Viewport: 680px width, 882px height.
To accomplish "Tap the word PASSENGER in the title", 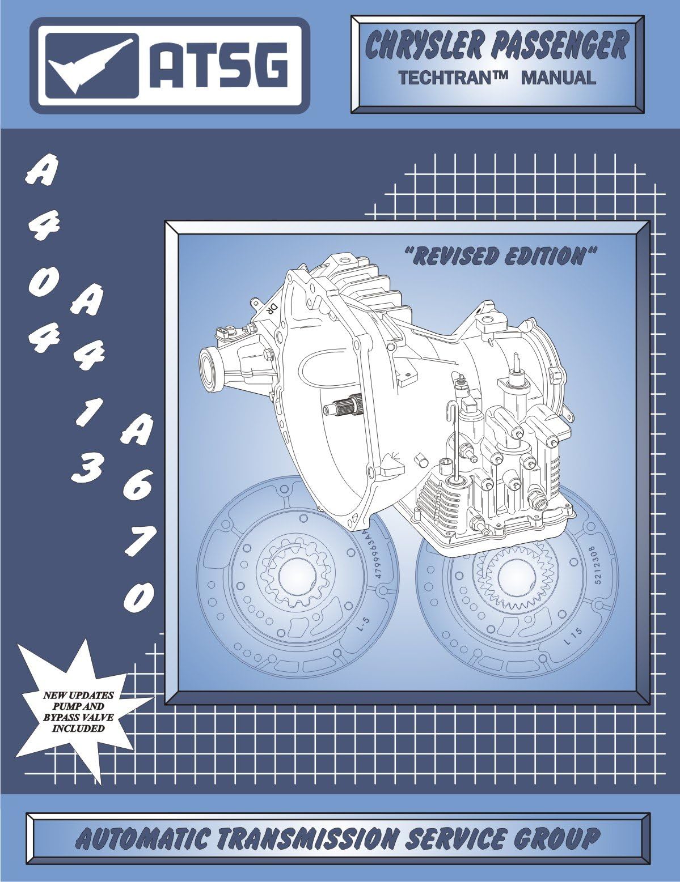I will point(558,46).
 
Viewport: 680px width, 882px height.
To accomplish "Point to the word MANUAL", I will point(558,78).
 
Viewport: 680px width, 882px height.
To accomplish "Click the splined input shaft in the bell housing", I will point(340,407).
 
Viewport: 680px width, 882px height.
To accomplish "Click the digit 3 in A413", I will point(85,467).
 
